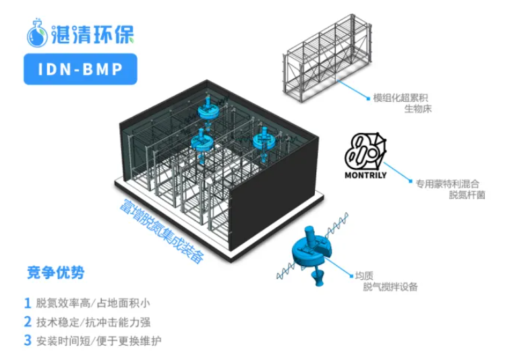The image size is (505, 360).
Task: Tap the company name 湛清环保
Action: [90, 34]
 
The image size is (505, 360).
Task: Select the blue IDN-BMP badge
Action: [75, 69]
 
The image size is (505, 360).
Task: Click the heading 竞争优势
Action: [56, 273]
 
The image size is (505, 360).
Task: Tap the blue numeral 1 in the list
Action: [28, 303]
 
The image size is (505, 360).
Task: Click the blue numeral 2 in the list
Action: [28, 322]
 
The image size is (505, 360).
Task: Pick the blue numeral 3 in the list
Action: [28, 340]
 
